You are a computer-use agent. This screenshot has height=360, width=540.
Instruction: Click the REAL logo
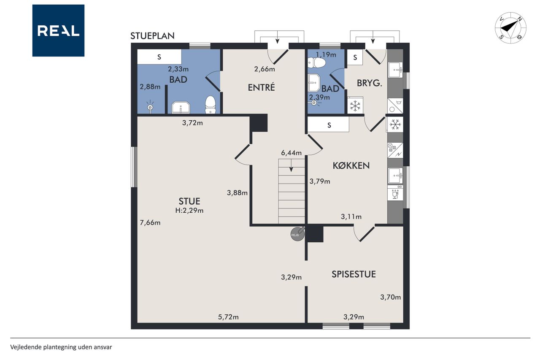(x=58, y=31)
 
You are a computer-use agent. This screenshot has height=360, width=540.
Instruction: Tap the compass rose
(x=510, y=28)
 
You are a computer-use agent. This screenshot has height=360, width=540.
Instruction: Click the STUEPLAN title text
(x=152, y=36)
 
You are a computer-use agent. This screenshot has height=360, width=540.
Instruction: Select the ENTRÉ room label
(x=261, y=87)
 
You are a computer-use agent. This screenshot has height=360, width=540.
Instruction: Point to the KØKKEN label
(x=351, y=166)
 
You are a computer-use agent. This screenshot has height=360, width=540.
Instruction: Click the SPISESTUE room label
(x=354, y=274)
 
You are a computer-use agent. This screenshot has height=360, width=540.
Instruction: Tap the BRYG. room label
(x=369, y=83)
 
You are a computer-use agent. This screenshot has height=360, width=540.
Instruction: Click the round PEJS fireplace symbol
(x=297, y=234)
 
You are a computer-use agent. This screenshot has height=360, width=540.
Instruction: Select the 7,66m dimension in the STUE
(x=150, y=222)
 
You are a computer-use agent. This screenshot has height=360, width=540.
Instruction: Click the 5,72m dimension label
(x=228, y=317)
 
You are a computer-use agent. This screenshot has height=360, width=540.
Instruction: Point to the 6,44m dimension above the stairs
(x=291, y=153)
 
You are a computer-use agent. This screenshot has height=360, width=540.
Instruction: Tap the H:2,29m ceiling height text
(x=189, y=211)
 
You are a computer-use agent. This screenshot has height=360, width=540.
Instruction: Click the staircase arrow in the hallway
(x=291, y=165)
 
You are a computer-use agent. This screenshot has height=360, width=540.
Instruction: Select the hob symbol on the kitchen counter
(x=395, y=150)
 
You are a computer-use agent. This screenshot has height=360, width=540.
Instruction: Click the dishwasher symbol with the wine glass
(x=395, y=192)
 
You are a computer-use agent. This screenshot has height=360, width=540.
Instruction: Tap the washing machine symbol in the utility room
(x=395, y=106)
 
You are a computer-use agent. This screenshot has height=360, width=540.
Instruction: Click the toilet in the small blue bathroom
(x=316, y=63)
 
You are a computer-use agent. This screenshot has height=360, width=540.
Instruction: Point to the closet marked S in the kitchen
(x=328, y=125)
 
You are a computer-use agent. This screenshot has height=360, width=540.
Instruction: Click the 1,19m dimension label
(x=326, y=55)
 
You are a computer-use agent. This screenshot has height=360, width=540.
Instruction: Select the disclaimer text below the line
(x=61, y=347)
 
